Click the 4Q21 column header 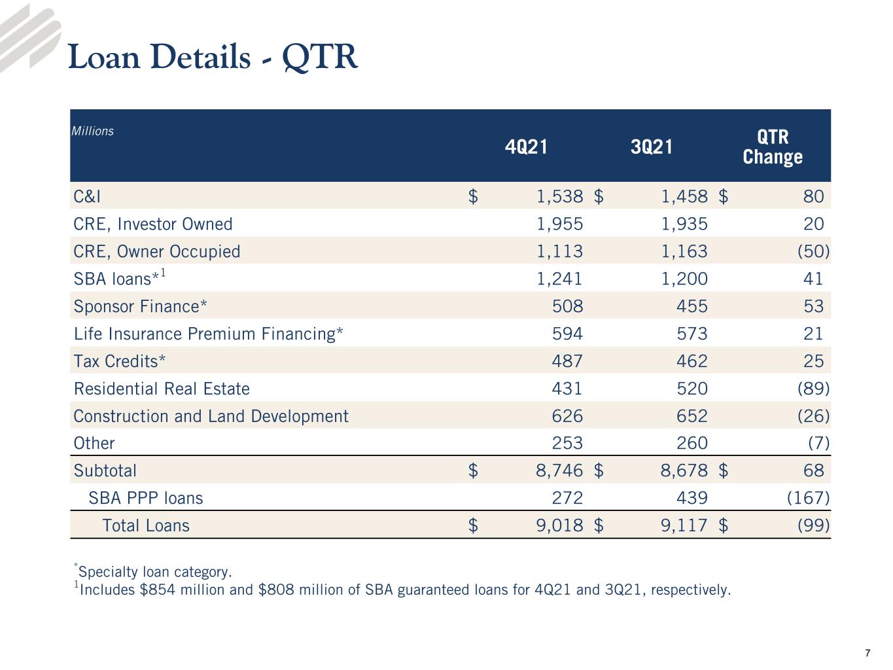526,147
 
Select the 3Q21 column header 652,147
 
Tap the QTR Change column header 773,147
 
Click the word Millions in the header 92,131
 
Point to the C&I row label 87,196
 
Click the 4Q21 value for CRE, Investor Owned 560,224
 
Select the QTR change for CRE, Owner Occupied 813,251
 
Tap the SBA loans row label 120,278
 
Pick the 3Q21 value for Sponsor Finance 692,306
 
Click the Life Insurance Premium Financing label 208,334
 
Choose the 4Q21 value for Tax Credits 567,361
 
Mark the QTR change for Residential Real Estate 813,389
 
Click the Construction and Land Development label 211,416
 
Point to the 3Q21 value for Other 692,443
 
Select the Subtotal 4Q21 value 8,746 559,470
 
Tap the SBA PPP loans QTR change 808,498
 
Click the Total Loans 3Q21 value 684,525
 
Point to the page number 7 867,654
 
